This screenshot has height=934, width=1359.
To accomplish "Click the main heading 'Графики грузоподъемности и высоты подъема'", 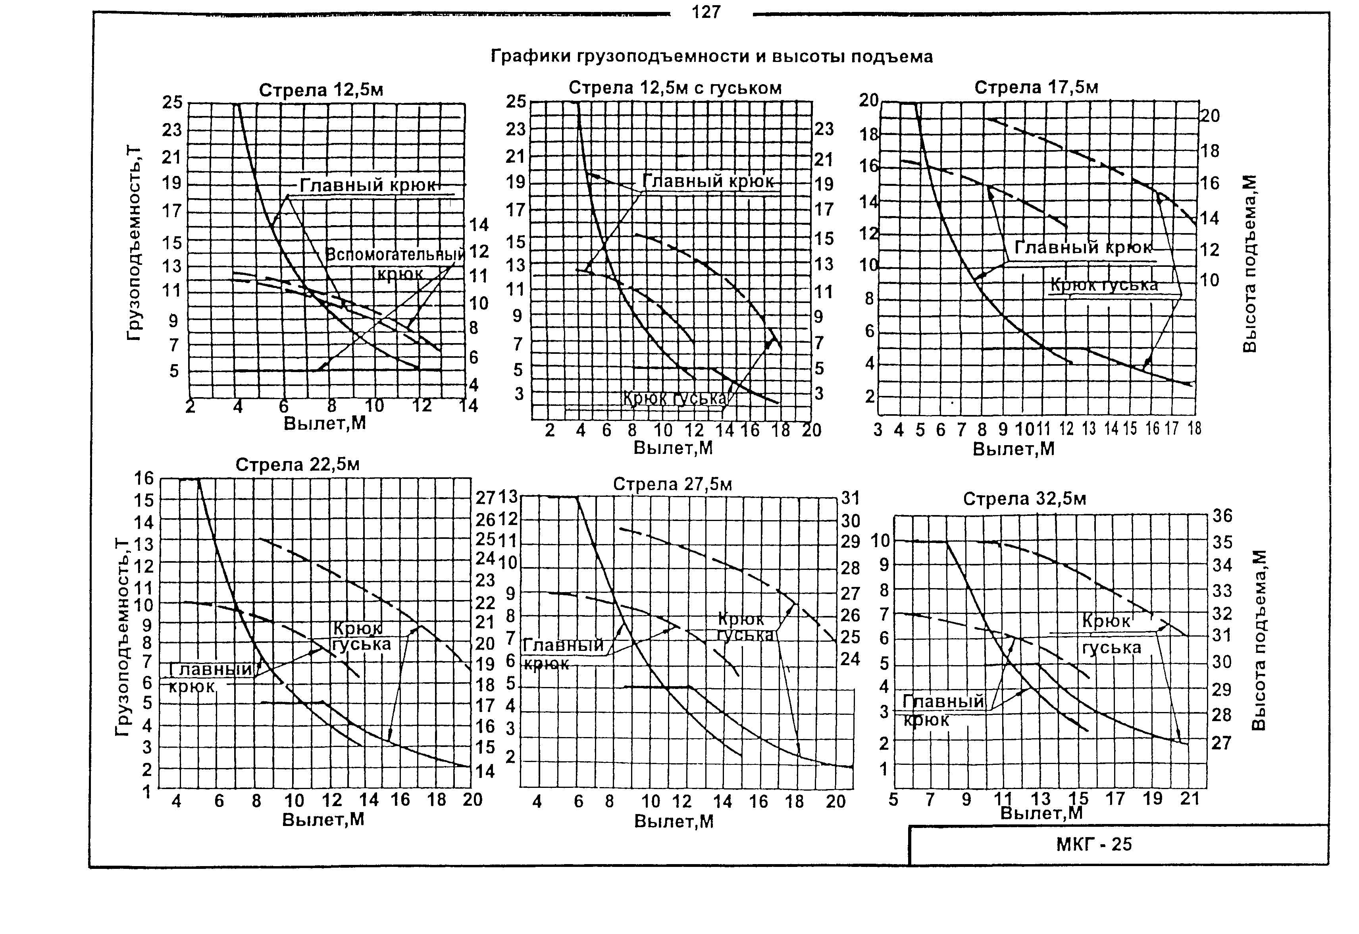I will [711, 57].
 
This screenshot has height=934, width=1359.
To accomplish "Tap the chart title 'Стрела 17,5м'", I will [1036, 88].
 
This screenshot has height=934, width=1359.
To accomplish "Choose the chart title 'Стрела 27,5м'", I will [672, 484].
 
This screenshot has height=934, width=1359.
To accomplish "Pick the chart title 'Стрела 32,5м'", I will [1024, 499].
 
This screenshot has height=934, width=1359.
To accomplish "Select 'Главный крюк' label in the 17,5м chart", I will [1083, 247].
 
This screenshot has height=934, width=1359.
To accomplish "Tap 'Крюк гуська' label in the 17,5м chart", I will [1103, 285].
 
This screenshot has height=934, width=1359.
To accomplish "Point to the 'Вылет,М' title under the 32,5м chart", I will [1041, 813].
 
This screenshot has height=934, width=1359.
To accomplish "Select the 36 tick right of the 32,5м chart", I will [1222, 515].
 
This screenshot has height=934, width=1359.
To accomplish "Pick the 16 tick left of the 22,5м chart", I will [144, 479].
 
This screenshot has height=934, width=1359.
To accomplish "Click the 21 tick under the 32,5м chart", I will [1190, 799].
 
